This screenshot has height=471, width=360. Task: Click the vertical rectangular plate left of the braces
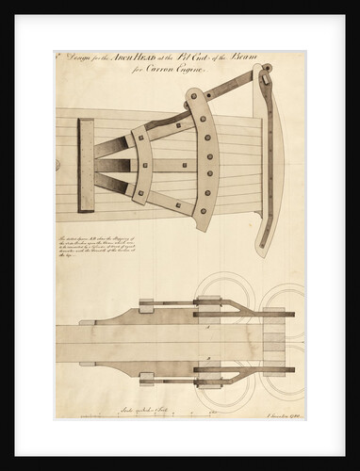(87, 166)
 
